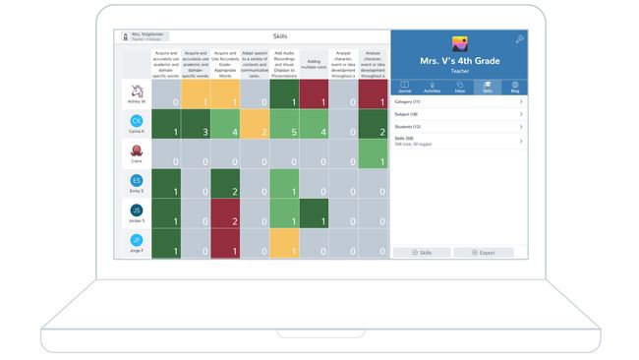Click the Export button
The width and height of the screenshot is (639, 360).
[483, 253]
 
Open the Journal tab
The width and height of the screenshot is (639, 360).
[404, 87]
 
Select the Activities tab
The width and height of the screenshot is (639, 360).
[432, 87]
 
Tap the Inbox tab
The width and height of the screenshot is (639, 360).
[459, 87]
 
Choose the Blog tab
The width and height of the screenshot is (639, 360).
[514, 87]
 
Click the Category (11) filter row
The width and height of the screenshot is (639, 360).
[458, 100]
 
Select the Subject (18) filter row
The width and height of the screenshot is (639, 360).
[458, 114]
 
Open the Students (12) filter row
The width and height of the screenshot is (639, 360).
[458, 127]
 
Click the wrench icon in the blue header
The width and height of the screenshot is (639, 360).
[519, 39]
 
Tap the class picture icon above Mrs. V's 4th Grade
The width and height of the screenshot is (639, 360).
[459, 44]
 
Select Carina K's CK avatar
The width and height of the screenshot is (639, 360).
[136, 121]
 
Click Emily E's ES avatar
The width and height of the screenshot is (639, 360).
[136, 181]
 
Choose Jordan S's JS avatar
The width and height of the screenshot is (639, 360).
[136, 210]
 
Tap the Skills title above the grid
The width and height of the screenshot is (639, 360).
[280, 36]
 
